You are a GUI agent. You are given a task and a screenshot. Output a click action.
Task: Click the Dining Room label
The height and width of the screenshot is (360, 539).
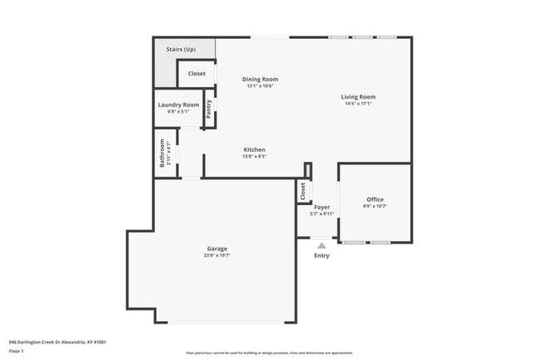(x=260, y=79)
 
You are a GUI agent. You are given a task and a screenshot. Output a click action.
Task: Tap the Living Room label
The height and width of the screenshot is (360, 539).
(x=358, y=97)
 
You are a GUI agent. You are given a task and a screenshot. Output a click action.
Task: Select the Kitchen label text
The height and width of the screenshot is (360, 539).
(x=254, y=149)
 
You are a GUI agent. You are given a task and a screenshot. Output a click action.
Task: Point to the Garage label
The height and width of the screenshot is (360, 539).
(x=217, y=248)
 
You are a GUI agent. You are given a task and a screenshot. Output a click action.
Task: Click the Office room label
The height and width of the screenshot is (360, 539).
(x=375, y=199)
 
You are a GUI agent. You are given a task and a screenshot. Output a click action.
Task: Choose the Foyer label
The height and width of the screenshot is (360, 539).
(x=322, y=207)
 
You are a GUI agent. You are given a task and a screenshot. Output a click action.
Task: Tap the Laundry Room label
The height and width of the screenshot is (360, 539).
(x=179, y=105)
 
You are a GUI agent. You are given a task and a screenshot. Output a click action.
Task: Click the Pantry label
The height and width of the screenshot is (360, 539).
(x=209, y=109)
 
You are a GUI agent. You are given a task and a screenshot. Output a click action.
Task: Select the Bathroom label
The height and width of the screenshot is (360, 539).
(x=163, y=153)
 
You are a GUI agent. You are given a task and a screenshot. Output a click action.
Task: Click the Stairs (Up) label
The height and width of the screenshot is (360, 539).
(x=181, y=50)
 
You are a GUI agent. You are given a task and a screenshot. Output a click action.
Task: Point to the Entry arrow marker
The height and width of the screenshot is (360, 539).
(x=322, y=245)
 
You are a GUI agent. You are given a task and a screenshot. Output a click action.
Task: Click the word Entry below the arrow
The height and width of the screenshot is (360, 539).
(x=322, y=255)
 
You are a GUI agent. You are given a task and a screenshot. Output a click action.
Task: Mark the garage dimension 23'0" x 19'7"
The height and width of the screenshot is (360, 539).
(x=217, y=255)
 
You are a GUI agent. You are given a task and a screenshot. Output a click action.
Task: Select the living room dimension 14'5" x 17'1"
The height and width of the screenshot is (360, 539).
(x=358, y=104)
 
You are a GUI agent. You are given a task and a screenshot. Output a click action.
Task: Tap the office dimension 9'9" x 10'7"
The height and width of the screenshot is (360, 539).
(x=375, y=206)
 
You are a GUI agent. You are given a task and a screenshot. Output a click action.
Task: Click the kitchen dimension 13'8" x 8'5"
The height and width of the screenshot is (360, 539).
(x=254, y=156)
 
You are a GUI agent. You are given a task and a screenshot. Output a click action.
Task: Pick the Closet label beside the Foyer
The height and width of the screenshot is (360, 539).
(x=303, y=192)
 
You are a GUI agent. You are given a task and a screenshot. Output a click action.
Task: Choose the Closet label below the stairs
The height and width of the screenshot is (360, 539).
(x=197, y=74)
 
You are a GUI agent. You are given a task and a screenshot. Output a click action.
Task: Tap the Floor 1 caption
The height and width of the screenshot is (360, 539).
(x=17, y=350)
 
